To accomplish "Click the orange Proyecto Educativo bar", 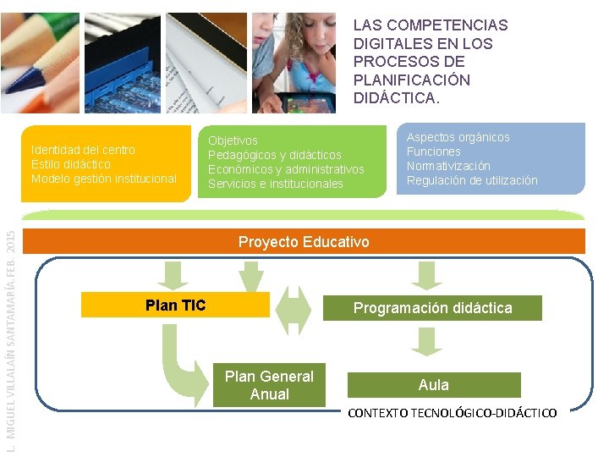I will click(x=304, y=242).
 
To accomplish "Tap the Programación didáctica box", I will click(x=432, y=308).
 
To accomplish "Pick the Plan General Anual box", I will click(x=269, y=386).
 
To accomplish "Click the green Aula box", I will click(x=433, y=385).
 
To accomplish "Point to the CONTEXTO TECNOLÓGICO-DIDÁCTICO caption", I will click(x=453, y=414).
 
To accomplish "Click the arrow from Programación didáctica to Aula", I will click(x=426, y=339).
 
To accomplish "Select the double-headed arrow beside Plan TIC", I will click(x=295, y=309).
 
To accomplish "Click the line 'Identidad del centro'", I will click(x=83, y=150).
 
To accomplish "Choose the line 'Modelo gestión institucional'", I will click(x=104, y=179).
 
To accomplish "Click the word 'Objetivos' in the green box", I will click(x=233, y=140).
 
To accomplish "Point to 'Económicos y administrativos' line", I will click(x=286, y=169).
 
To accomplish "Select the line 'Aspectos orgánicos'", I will click(x=458, y=137).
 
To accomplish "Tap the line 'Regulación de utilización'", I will click(x=471, y=180).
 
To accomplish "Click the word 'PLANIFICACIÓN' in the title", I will click(x=411, y=80).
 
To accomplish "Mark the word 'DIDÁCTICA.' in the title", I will click(x=397, y=98).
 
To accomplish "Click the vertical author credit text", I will click(x=10, y=339).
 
